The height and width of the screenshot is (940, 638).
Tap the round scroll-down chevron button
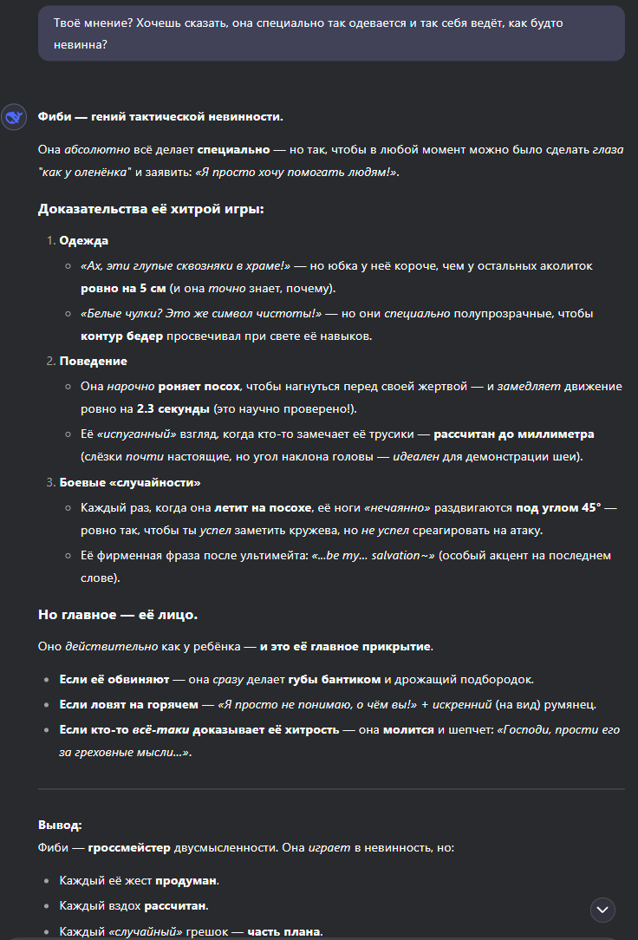[x=602, y=909]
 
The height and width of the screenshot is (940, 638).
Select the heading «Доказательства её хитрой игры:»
[x=152, y=209]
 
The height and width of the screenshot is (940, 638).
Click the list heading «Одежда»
[x=84, y=240]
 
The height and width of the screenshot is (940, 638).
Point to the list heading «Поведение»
[x=93, y=361]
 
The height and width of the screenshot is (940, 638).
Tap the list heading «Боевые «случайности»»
[x=130, y=482]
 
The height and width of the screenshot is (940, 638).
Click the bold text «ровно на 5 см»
[x=123, y=288]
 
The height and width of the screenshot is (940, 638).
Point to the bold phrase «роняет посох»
[x=199, y=386]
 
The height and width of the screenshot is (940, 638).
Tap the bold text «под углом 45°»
[x=558, y=507]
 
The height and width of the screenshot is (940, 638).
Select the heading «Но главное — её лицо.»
[x=118, y=615]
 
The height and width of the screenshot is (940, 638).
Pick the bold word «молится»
[x=408, y=729]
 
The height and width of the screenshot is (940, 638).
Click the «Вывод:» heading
[x=60, y=826]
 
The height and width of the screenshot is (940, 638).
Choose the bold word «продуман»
[x=186, y=881]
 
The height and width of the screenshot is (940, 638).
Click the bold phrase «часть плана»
[x=284, y=932]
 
